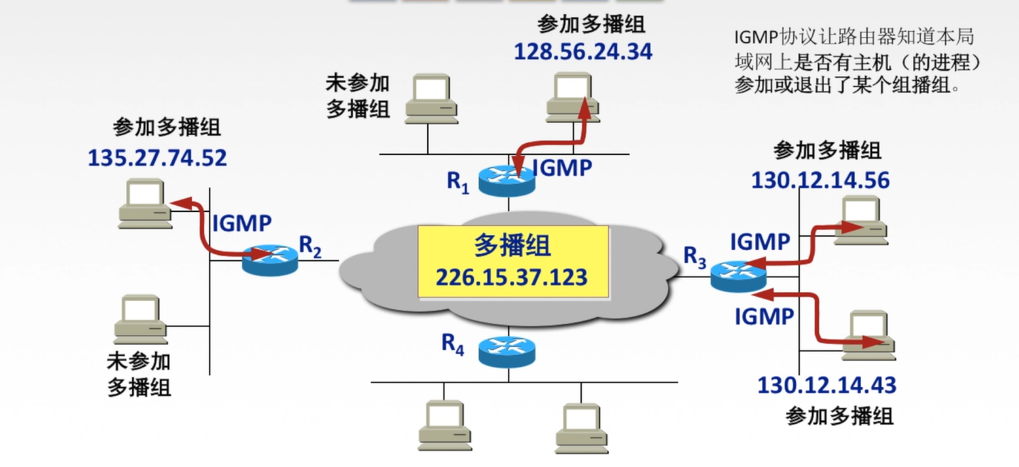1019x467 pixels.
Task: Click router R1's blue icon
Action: pyautogui.click(x=507, y=180)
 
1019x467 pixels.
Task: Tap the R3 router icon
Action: pyautogui.click(x=737, y=276)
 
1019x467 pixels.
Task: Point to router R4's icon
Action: pyautogui.click(x=507, y=351)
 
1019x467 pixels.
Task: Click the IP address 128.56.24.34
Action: pyautogui.click(x=583, y=52)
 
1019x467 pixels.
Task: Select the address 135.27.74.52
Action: pyautogui.click(x=157, y=159)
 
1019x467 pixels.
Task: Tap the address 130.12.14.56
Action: pyautogui.click(x=820, y=181)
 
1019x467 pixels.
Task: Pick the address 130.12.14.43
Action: pyautogui.click(x=826, y=385)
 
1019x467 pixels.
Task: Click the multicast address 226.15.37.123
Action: pyautogui.click(x=512, y=277)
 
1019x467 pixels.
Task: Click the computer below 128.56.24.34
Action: pyautogui.click(x=573, y=97)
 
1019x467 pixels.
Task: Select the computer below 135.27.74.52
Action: pyautogui.click(x=146, y=202)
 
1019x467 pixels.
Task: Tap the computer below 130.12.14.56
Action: pyautogui.click(x=860, y=219)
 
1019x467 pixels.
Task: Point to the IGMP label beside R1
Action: pyautogui.click(x=563, y=168)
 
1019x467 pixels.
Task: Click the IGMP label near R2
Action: pyautogui.click(x=243, y=222)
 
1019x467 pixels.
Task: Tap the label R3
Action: pyautogui.click(x=695, y=256)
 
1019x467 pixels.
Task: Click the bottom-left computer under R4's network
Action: pyautogui.click(x=444, y=425)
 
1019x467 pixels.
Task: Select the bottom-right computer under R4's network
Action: pyautogui.click(x=582, y=427)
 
